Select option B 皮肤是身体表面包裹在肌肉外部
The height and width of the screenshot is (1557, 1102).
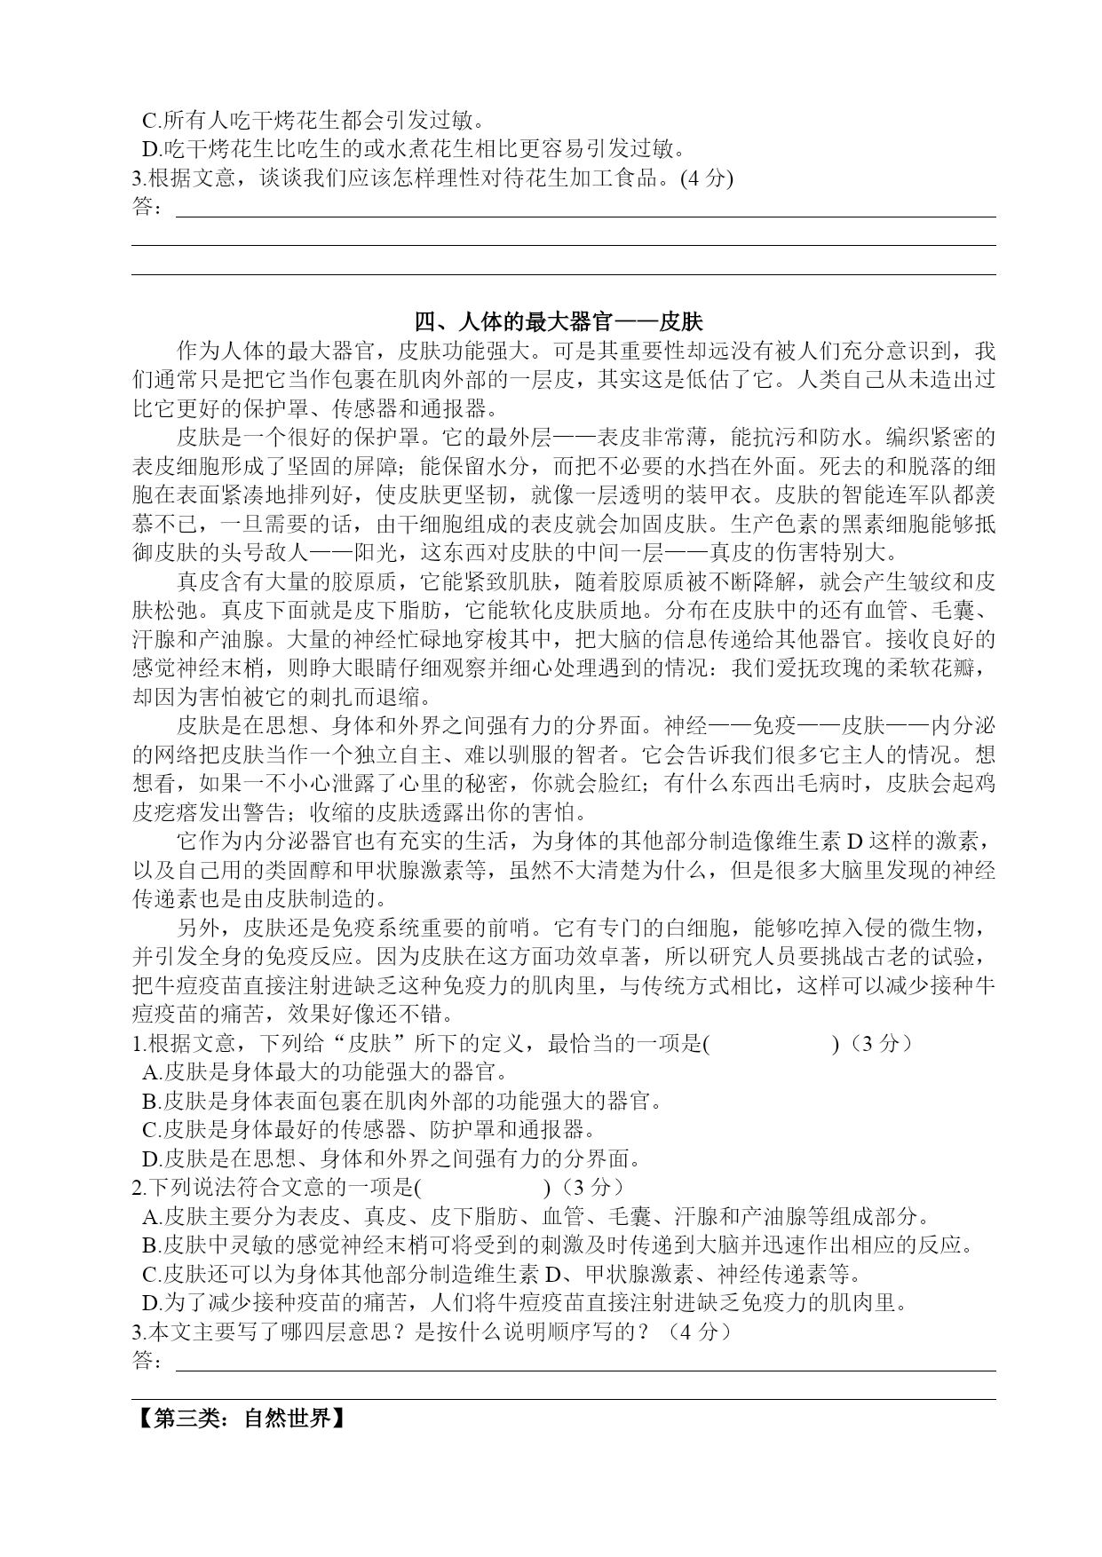[402, 1101]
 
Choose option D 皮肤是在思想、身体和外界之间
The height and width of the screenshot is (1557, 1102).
[391, 1158]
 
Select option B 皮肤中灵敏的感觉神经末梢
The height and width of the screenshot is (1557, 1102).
[558, 1245]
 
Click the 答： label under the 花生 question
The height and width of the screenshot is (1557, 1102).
[147, 208]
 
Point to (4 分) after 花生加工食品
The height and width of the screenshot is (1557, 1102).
[705, 178]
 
